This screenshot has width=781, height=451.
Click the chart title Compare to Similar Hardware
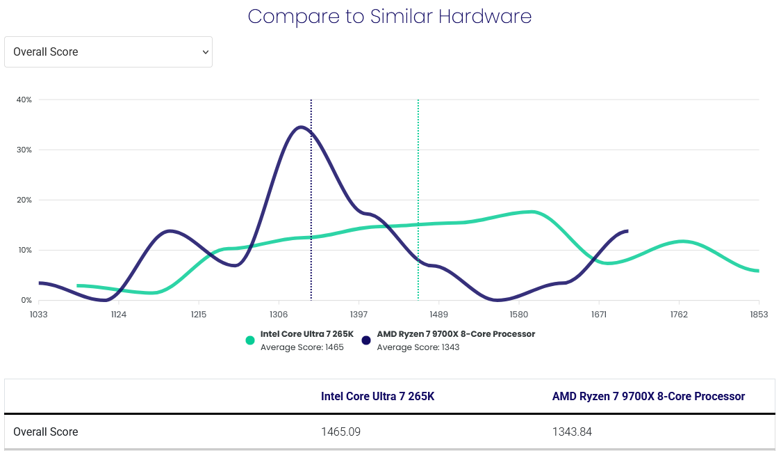[x=390, y=16]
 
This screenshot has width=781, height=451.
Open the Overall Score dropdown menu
[x=108, y=52]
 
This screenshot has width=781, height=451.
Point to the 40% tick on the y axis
[x=24, y=100]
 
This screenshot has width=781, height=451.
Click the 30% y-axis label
[x=24, y=150]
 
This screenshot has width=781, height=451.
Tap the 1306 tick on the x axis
[x=279, y=315]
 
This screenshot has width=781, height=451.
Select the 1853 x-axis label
[x=759, y=315]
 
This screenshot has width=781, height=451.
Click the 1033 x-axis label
[x=38, y=315]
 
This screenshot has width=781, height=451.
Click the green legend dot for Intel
[x=250, y=340]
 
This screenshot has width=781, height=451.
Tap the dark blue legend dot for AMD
[x=366, y=340]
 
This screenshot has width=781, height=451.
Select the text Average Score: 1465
[x=302, y=347]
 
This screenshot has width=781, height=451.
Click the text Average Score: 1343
[x=418, y=347]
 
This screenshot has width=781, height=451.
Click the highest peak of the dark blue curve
[x=300, y=127]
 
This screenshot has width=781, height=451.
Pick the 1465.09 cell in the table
[x=340, y=432]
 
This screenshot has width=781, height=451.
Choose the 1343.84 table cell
[x=572, y=432]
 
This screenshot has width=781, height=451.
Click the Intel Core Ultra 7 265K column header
[x=377, y=397]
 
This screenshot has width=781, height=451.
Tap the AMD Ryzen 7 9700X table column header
[x=648, y=397]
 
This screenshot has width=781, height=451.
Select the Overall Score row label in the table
[x=46, y=432]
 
